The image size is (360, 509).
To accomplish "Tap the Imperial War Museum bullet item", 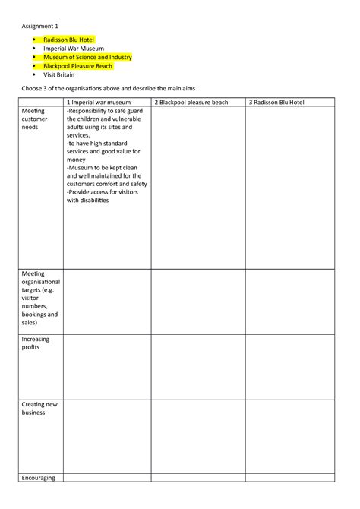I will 74,48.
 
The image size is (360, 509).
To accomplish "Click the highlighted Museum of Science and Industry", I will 87,57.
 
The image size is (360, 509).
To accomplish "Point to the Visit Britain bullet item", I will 58,75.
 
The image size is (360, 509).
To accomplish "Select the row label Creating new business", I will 39,409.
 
